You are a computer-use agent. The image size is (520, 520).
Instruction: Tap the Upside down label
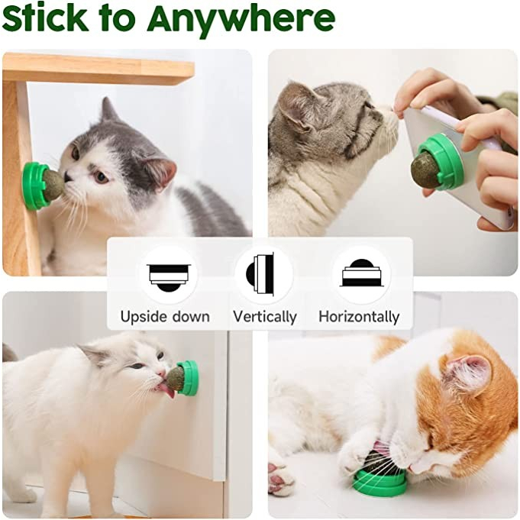164,316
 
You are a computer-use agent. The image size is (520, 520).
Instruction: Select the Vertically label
264,316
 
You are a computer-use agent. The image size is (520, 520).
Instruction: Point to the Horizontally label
359,316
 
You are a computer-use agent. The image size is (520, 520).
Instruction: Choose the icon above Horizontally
361,274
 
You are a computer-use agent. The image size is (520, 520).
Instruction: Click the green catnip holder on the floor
379,481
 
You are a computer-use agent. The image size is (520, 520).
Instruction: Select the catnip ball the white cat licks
178,378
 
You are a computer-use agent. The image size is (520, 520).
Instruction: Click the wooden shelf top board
99,69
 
